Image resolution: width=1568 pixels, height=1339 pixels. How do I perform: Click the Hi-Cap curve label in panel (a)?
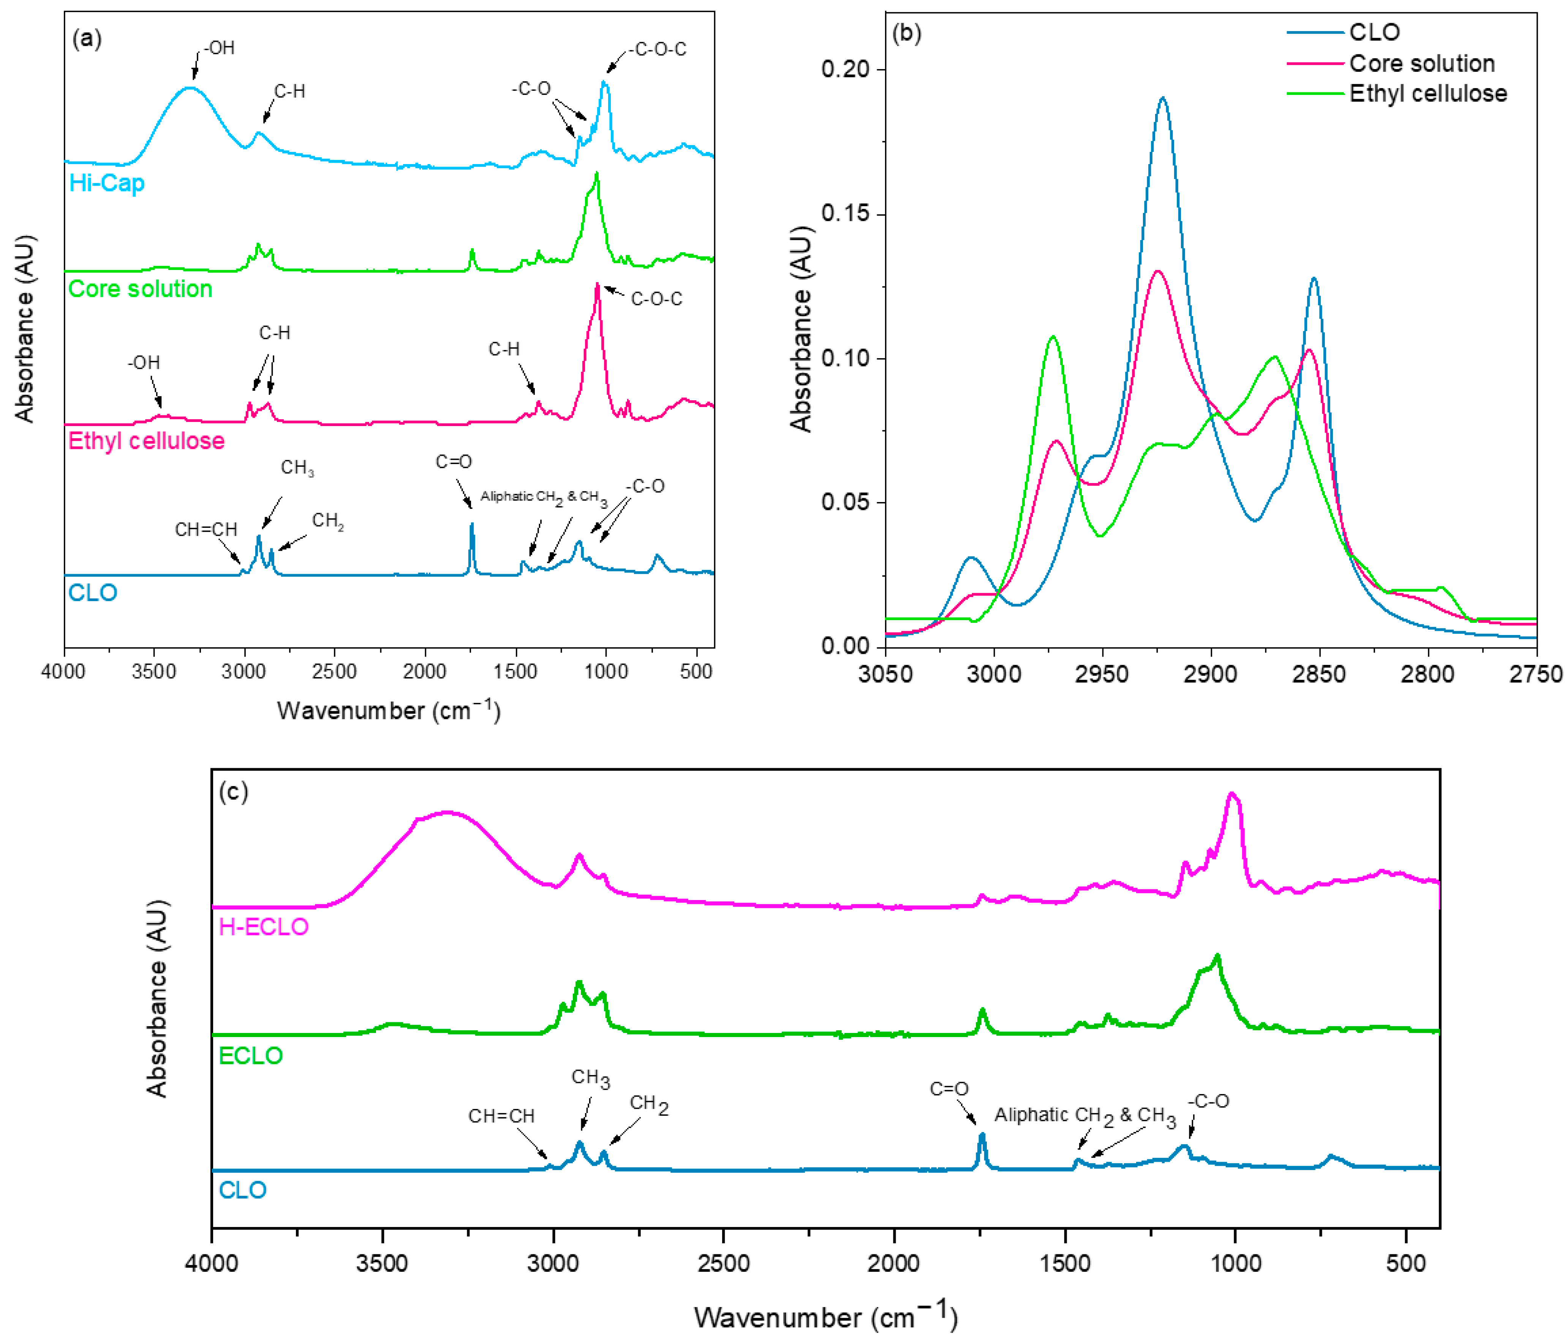tap(107, 183)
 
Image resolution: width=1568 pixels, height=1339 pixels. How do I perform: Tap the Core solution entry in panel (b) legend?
tap(1421, 63)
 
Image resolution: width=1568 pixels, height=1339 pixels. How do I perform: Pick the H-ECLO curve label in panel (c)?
tap(263, 927)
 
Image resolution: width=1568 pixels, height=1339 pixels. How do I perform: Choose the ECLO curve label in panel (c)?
tap(250, 1055)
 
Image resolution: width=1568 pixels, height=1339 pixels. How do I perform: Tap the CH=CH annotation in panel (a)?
tap(206, 529)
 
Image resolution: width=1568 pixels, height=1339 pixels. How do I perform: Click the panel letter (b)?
tap(907, 34)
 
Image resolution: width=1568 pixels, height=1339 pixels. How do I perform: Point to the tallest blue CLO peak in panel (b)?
tap(1162, 98)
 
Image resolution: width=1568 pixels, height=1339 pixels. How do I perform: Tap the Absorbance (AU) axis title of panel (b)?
tap(801, 328)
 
